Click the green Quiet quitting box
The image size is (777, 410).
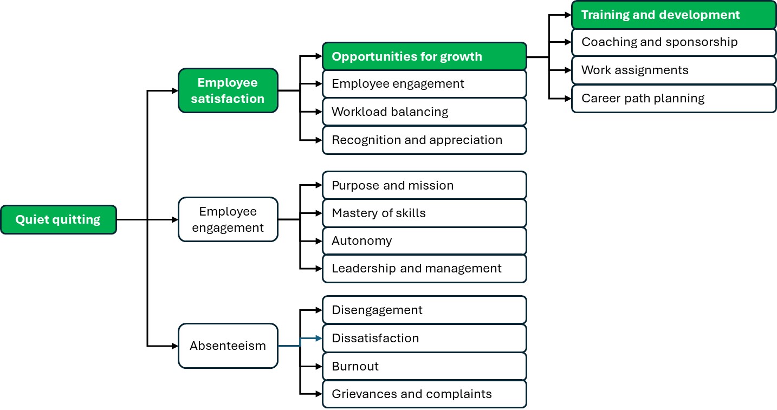[x=58, y=219]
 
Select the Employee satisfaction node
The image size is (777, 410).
[x=228, y=90]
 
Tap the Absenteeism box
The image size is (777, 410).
[x=228, y=346]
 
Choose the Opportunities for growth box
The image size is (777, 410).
[x=424, y=56]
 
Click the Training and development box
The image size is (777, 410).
[x=674, y=15]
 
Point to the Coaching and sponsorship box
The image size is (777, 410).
[x=674, y=42]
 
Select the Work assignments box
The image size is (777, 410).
[x=674, y=70]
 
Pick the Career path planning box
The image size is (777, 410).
[x=674, y=99]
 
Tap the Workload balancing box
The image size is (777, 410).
[x=424, y=112]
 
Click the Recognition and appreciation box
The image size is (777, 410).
[x=424, y=140]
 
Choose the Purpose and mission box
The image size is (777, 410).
[x=424, y=185]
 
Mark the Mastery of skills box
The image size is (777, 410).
[x=424, y=213]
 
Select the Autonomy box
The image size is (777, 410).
[x=424, y=241]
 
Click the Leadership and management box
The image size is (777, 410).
[x=424, y=269]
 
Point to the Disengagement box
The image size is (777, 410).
[x=424, y=310]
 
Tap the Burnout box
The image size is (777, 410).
[x=424, y=366]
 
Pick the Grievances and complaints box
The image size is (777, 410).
[x=424, y=394]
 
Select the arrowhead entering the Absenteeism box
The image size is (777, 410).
[x=174, y=346]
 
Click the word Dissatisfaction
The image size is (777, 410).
[x=375, y=339]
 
